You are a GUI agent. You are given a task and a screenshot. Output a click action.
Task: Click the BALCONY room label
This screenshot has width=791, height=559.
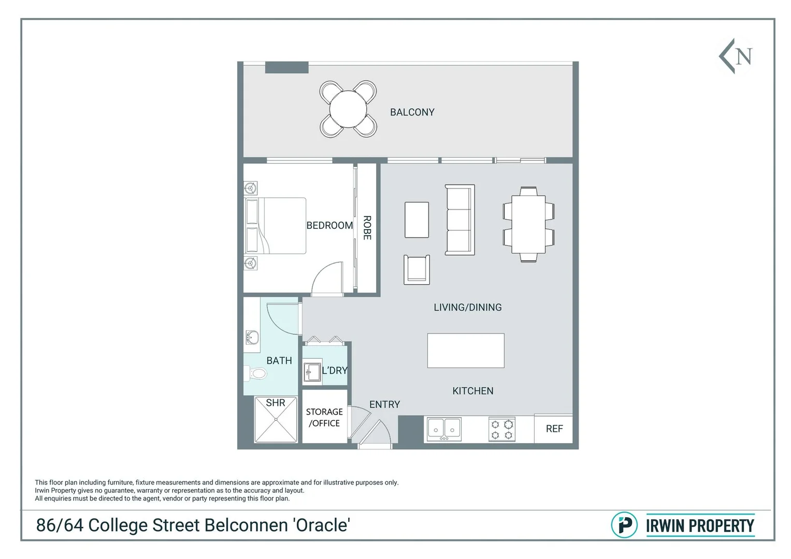(412, 112)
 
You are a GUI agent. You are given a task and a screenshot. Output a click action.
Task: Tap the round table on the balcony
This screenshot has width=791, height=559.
(348, 109)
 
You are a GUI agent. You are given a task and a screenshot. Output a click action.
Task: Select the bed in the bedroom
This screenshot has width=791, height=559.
(277, 226)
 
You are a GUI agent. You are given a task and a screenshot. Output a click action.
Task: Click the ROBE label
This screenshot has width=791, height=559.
(367, 228)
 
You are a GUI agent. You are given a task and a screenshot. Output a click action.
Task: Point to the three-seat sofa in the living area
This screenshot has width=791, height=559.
(459, 219)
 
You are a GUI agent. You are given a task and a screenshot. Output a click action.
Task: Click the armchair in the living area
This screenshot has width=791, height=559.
(417, 269)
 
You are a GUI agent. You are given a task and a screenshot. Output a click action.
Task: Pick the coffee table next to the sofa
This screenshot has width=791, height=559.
(416, 220)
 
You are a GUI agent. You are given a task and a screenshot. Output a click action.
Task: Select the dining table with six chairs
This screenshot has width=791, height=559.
(528, 224)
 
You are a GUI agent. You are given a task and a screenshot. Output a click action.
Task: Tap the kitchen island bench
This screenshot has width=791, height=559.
(466, 350)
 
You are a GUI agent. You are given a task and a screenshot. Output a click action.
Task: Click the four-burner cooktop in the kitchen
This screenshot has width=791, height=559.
(501, 429)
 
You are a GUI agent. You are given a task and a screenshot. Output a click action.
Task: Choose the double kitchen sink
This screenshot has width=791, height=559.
(444, 429)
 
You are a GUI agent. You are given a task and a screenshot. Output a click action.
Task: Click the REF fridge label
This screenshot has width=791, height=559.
(554, 429)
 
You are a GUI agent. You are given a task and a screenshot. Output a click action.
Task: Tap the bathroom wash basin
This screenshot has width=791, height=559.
(252, 337)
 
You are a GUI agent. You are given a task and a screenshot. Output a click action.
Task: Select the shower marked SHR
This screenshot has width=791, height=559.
(276, 420)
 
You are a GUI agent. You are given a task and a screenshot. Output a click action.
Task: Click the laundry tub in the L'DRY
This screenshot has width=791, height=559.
(312, 372)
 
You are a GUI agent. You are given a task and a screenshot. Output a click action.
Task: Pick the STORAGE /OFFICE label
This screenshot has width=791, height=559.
(324, 417)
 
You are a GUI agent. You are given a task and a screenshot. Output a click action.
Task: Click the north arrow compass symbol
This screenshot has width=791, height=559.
(736, 56)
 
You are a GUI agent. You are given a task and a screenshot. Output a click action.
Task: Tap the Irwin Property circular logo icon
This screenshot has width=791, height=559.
(624, 525)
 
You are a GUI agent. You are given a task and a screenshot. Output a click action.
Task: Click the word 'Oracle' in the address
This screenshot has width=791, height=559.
(322, 525)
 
